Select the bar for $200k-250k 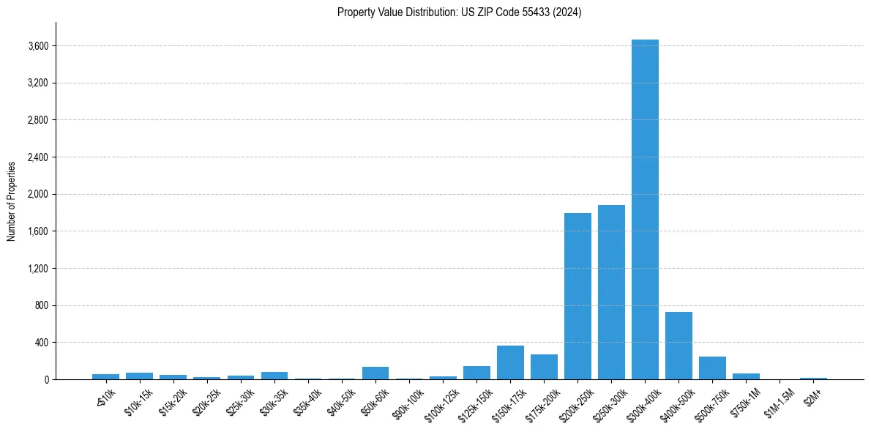(577, 296)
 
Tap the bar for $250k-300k (611, 292)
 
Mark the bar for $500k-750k (712, 368)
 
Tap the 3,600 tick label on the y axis (38, 46)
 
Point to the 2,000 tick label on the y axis (38, 195)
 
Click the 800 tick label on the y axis (41, 305)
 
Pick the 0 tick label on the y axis (45, 379)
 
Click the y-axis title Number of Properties (12, 201)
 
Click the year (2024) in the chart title (569, 12)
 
